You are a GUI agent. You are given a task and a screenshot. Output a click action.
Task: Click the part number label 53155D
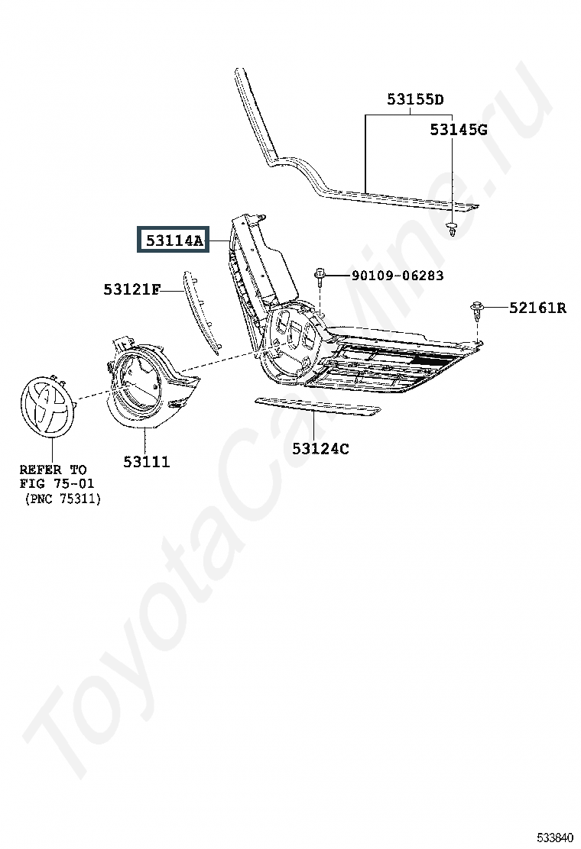[415, 99]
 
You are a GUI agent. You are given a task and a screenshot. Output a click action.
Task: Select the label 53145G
[458, 130]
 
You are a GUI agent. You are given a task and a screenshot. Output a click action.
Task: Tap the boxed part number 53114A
[172, 241]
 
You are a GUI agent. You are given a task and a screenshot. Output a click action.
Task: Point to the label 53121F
[131, 289]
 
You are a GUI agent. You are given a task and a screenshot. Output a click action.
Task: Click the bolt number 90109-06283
[397, 276]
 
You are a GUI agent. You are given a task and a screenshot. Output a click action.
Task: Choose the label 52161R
[537, 308]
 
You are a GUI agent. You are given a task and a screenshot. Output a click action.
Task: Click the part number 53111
[146, 462]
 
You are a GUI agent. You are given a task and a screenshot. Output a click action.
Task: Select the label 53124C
[320, 448]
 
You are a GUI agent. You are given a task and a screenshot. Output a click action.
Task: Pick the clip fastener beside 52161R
[478, 308]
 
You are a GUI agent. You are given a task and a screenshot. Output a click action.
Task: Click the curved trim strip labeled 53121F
[201, 309]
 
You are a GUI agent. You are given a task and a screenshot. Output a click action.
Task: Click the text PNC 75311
[62, 499]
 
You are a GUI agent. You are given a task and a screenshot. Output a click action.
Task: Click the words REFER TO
[53, 469]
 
